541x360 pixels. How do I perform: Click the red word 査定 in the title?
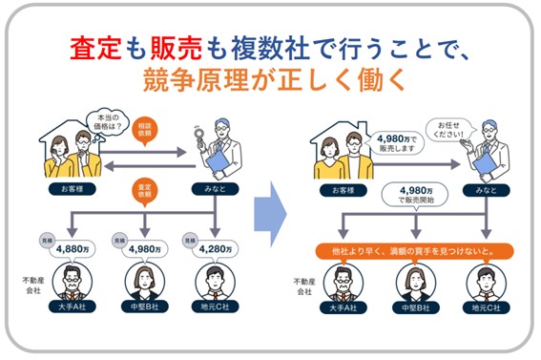click(x=95, y=48)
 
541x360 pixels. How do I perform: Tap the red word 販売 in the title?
click(x=177, y=48)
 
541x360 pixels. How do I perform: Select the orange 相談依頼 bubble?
click(x=145, y=131)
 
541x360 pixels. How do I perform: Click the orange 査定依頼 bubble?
click(x=145, y=192)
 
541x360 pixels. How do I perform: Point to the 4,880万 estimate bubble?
click(x=73, y=249)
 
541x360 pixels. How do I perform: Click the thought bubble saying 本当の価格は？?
click(x=107, y=123)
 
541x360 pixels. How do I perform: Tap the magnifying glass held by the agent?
click(x=199, y=137)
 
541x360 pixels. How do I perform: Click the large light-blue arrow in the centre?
click(x=270, y=214)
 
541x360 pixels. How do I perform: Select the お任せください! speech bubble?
click(x=449, y=130)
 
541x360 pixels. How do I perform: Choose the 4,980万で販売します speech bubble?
click(x=397, y=143)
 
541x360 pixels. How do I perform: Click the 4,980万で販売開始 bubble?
click(x=415, y=195)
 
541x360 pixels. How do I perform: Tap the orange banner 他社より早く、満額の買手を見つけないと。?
click(x=415, y=251)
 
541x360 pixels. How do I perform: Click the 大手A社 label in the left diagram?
click(x=73, y=307)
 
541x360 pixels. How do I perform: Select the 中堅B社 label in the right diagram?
click(x=416, y=307)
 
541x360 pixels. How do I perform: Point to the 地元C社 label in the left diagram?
click(x=215, y=307)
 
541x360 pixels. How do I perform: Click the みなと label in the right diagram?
click(x=487, y=190)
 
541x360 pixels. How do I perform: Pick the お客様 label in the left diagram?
click(x=73, y=189)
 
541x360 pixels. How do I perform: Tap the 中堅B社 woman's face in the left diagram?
click(x=145, y=279)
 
